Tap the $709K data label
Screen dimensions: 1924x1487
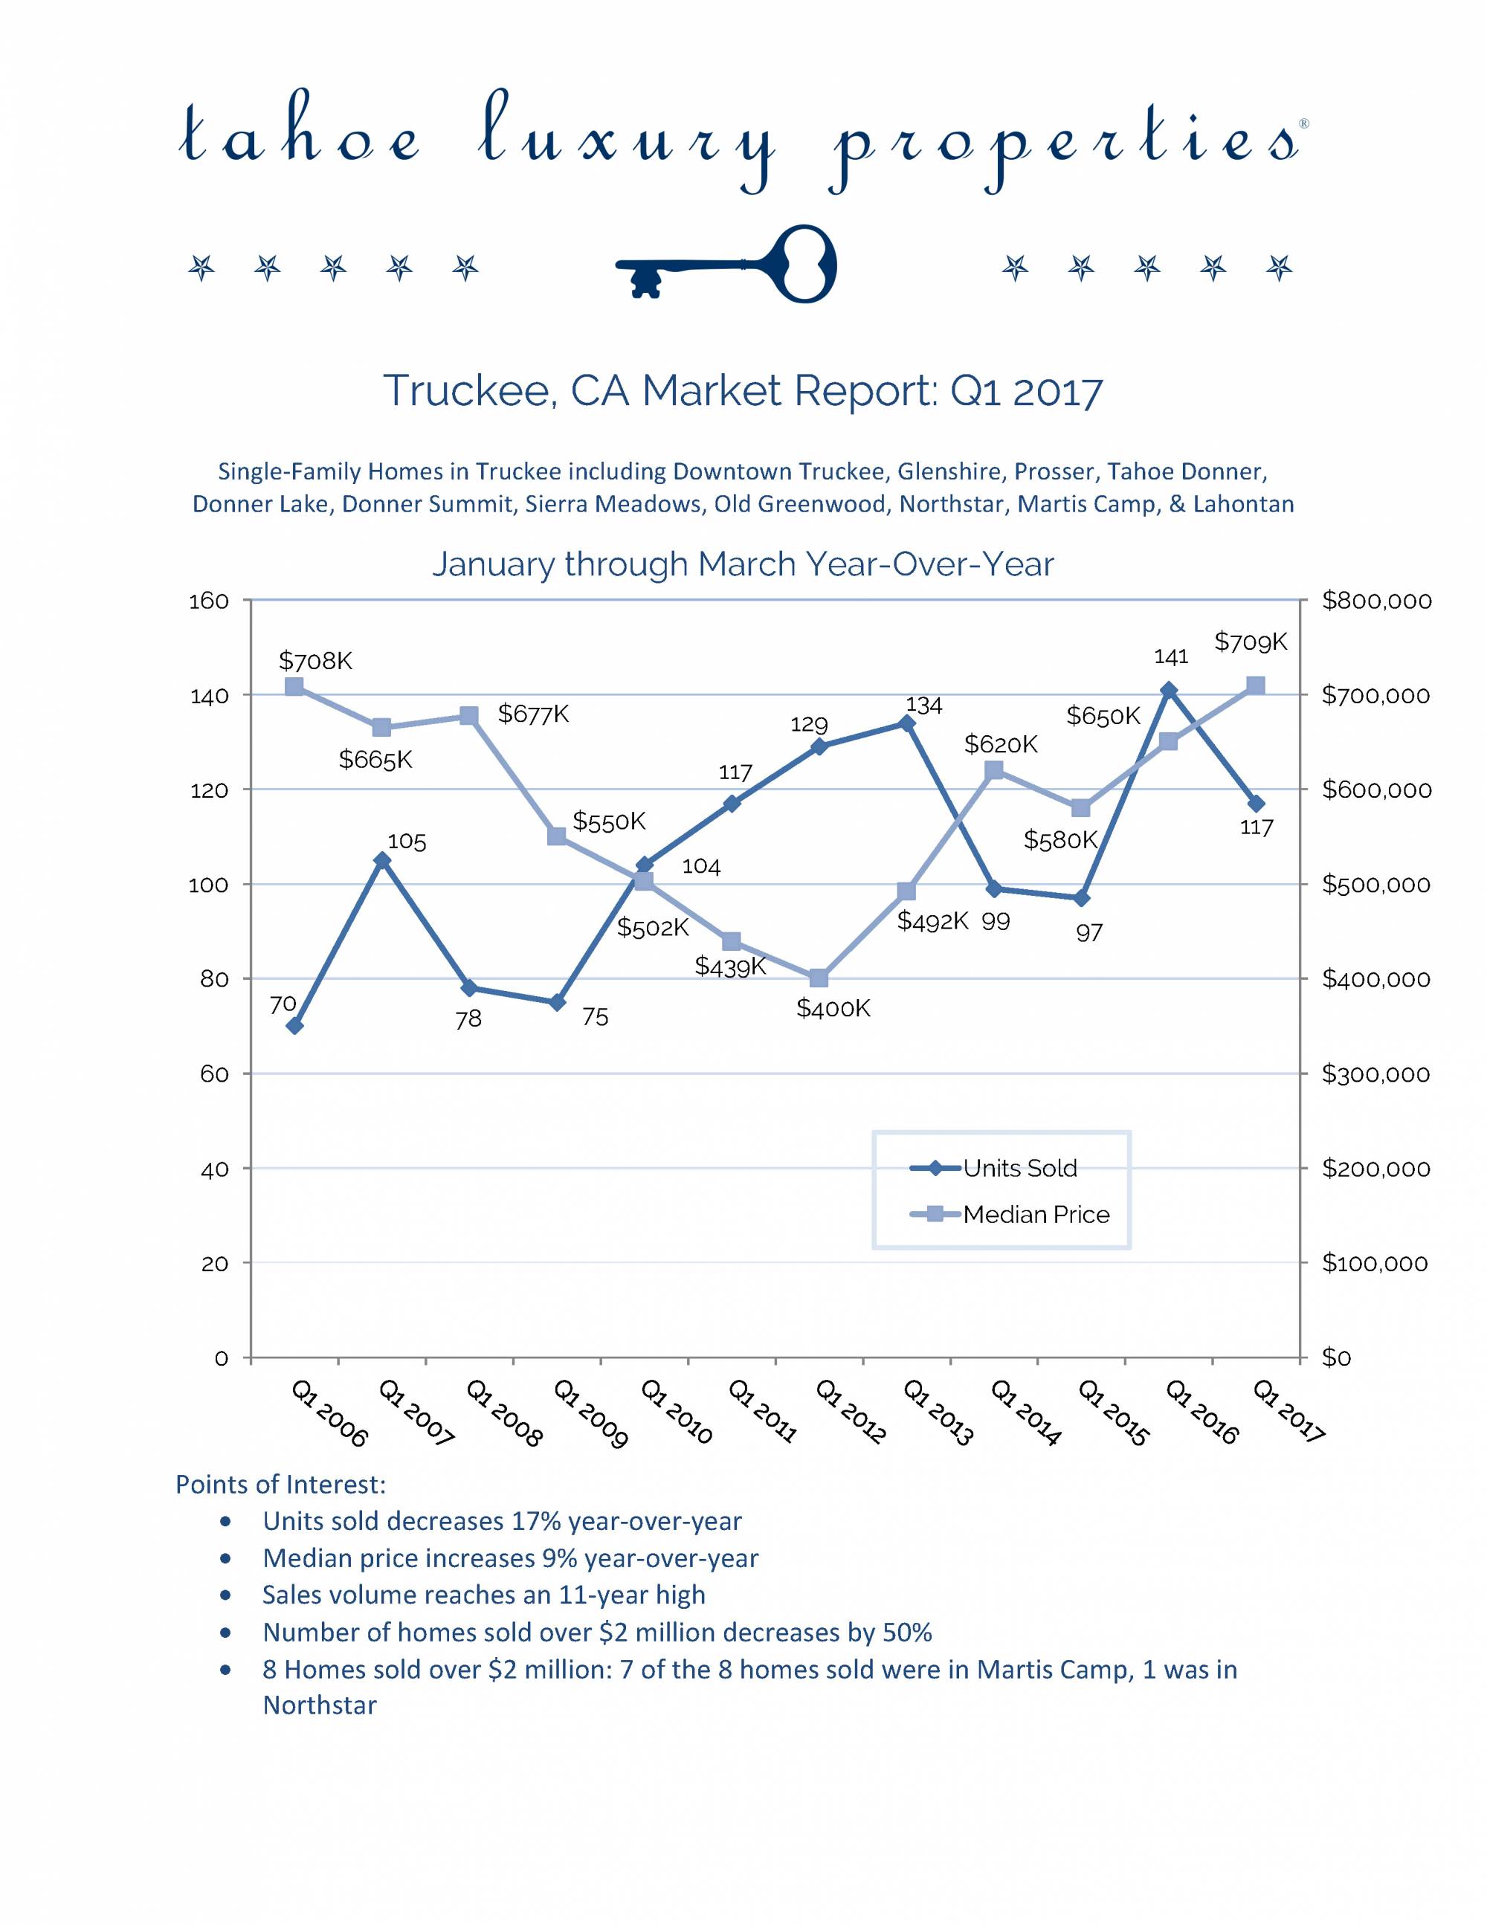[x=1250, y=642]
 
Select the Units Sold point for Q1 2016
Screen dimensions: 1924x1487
[x=1168, y=690]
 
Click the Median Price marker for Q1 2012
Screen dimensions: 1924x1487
[x=819, y=978]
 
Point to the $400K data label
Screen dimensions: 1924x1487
[x=833, y=1009]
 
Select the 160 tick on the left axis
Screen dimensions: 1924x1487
[x=209, y=601]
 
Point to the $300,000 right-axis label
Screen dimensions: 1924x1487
[x=1375, y=1074]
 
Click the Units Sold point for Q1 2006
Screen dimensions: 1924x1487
[x=295, y=1025]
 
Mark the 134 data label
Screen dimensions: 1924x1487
[x=924, y=705]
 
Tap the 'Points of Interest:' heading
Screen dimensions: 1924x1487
[x=280, y=1485]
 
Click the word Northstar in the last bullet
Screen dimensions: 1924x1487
[x=320, y=1705]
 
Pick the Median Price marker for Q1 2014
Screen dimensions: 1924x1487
[x=993, y=771]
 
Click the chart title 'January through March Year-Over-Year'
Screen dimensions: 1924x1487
[x=743, y=564]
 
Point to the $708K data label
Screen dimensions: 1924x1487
[x=315, y=661]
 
